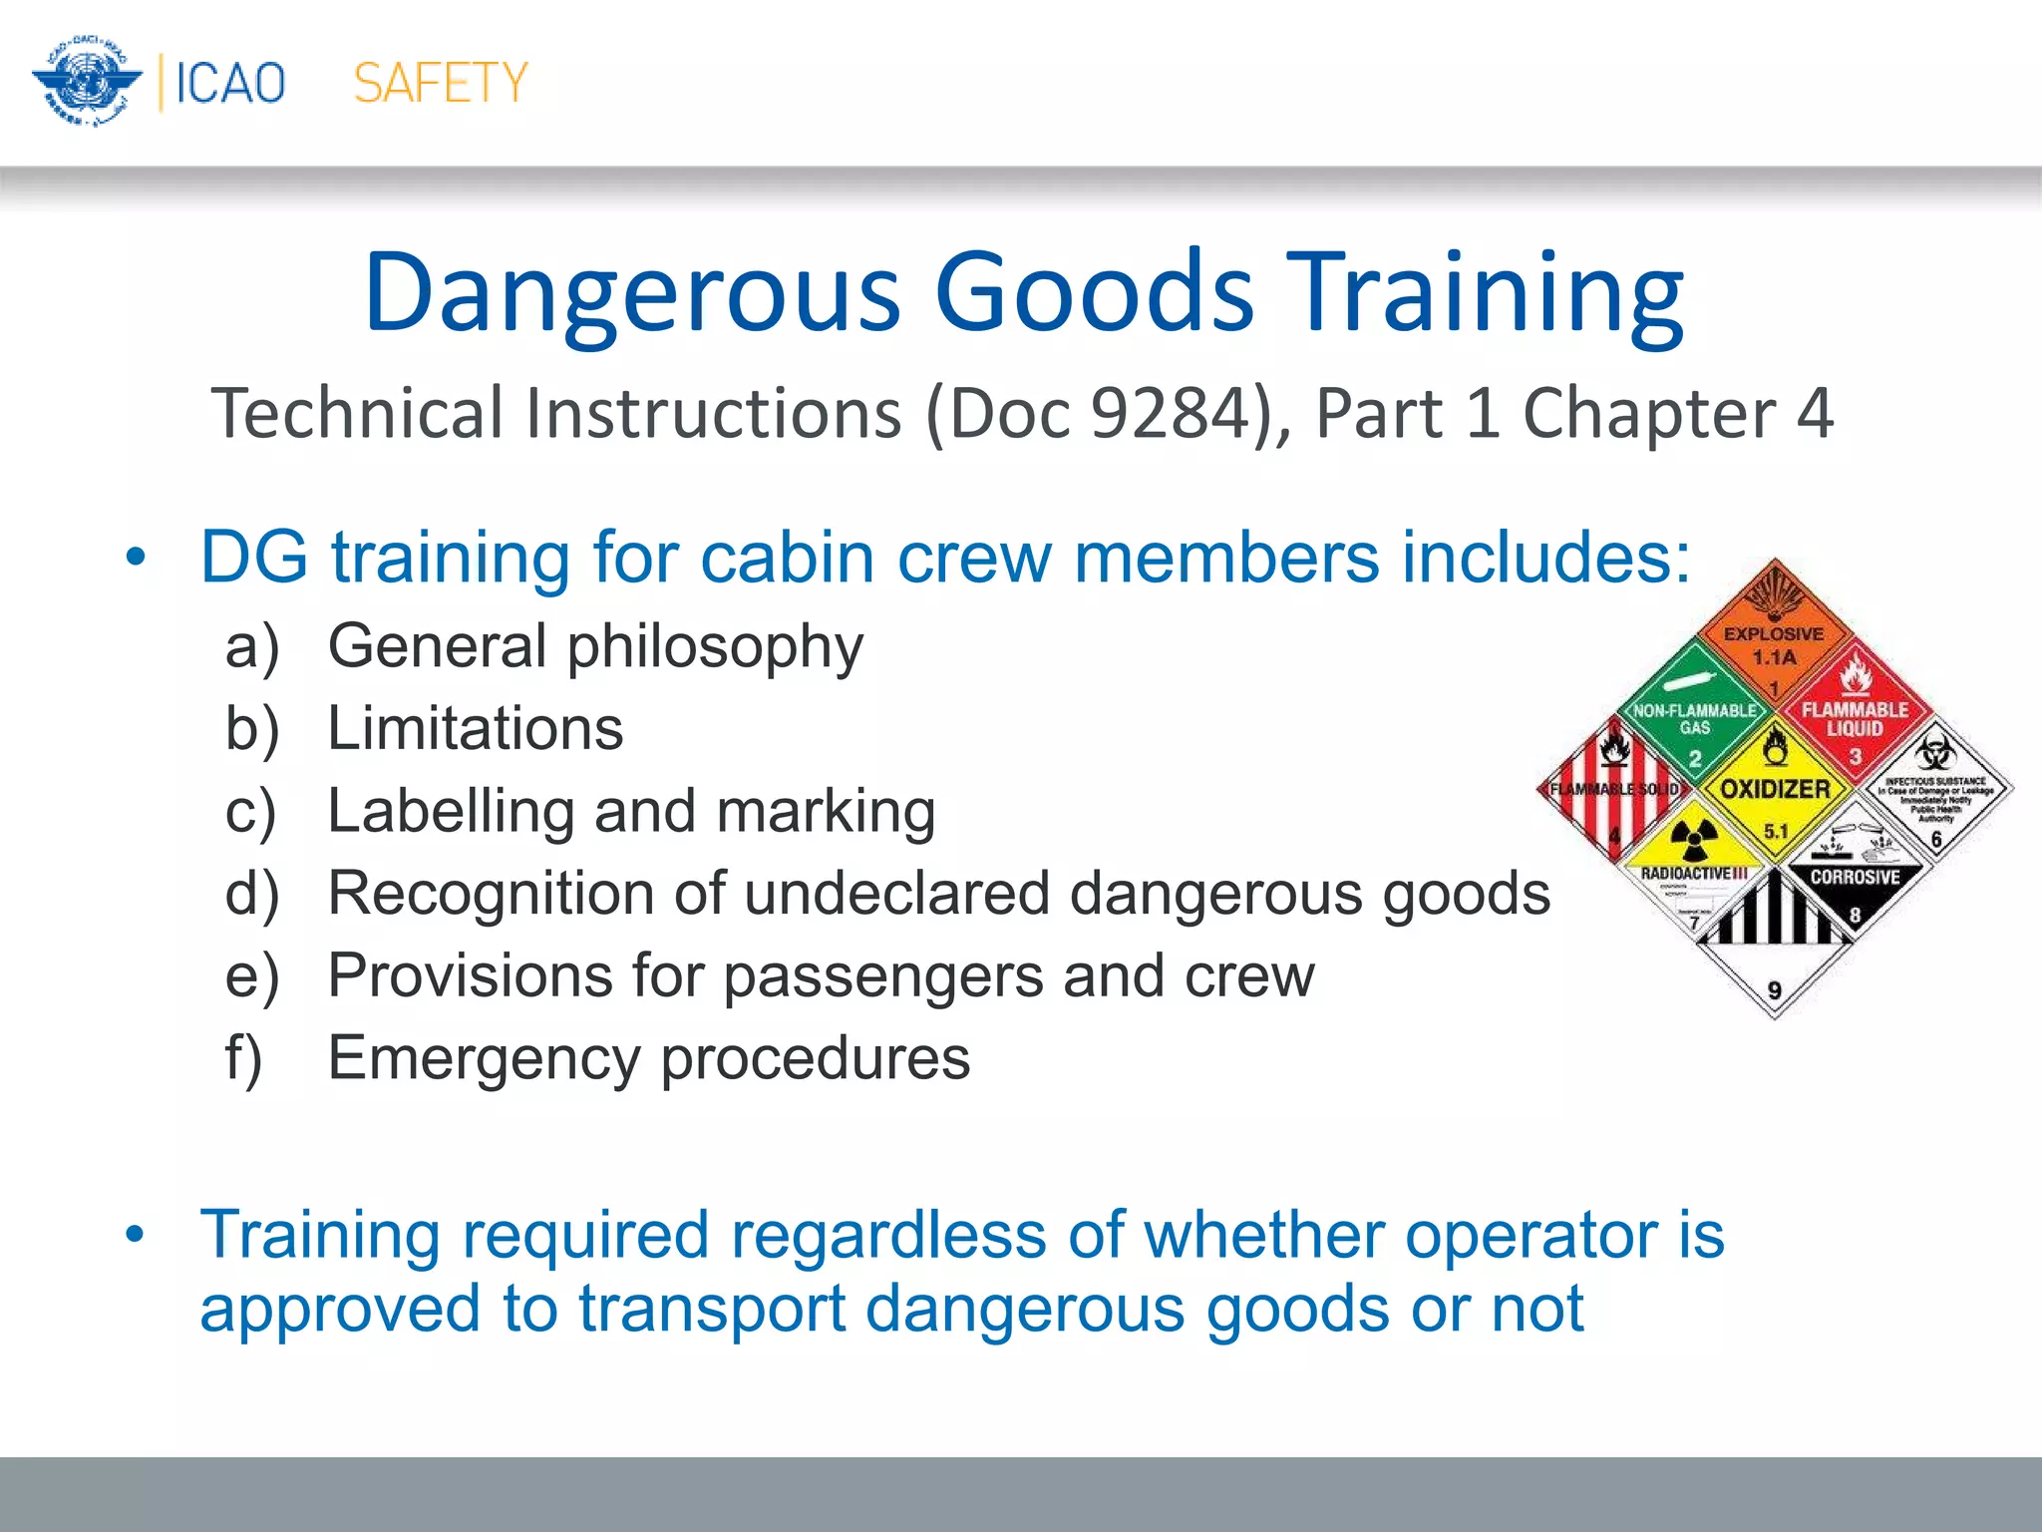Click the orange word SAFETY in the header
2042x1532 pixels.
pos(441,83)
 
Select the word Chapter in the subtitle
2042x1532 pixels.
pos(1649,413)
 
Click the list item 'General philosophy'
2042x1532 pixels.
pos(595,646)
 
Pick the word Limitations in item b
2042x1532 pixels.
pos(476,728)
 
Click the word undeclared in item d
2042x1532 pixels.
pos(896,893)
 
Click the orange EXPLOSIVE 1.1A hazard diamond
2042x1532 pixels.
pos(1774,638)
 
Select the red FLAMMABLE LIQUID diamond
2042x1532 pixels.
pos(1855,716)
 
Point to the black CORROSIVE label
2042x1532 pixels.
pos(1855,878)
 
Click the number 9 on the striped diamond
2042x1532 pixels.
pos(1775,990)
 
